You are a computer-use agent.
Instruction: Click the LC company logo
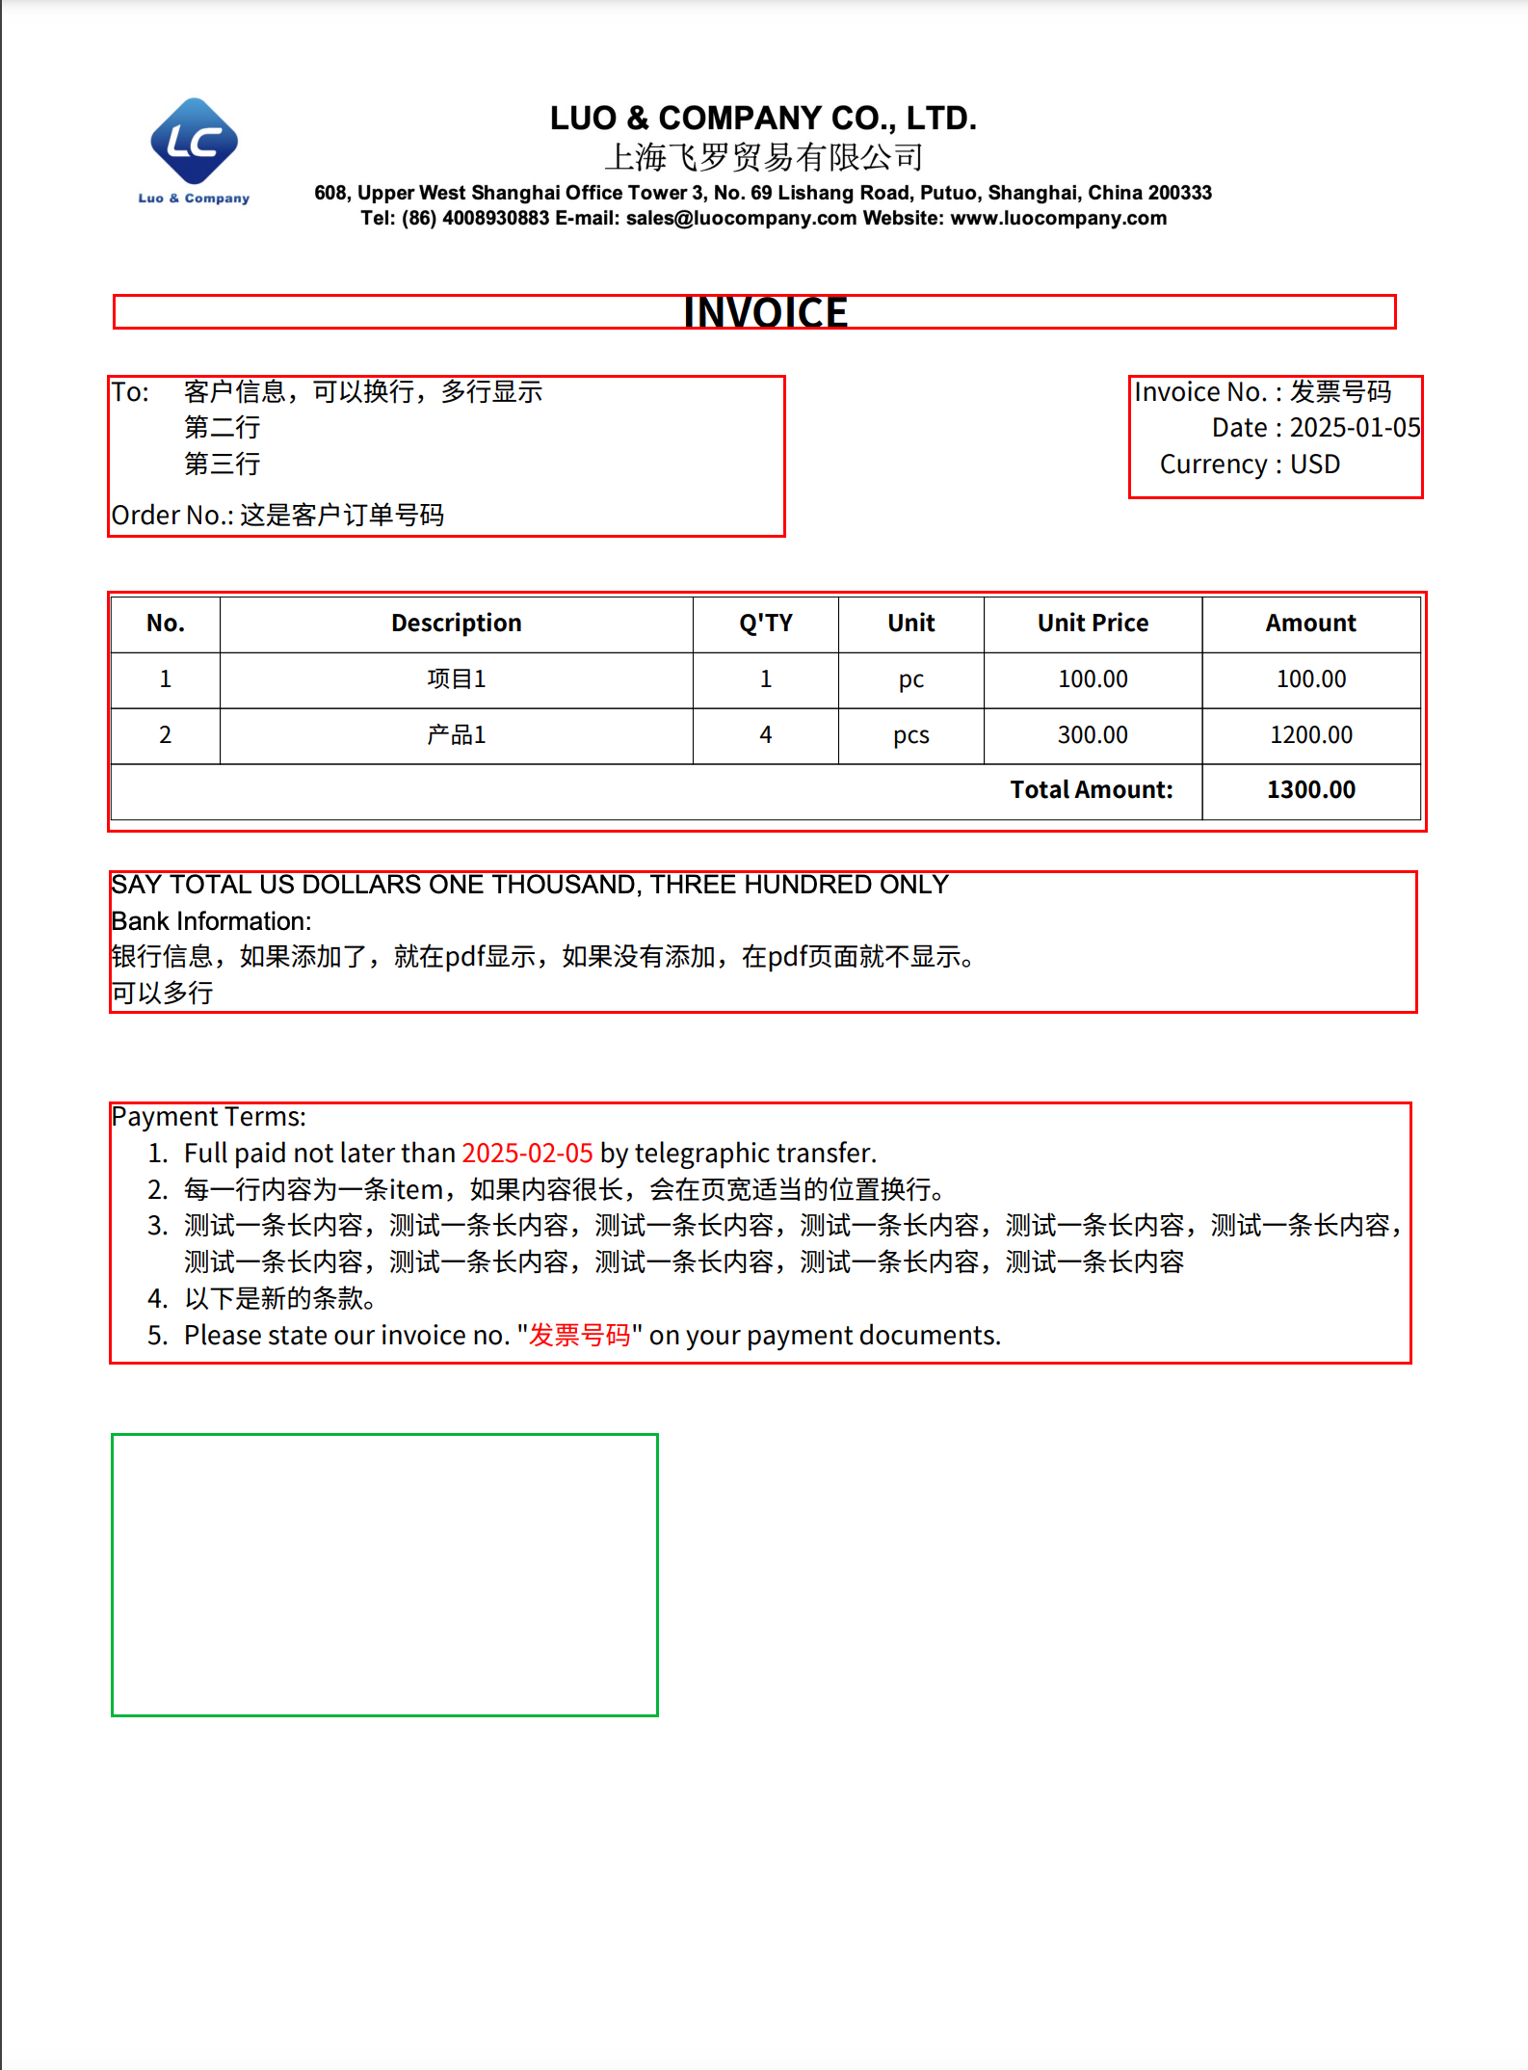point(195,145)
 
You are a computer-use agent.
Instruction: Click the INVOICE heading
point(765,312)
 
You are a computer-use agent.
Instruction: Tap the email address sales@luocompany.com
point(741,219)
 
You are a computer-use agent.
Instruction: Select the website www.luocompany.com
point(1058,219)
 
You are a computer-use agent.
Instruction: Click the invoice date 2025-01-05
point(1355,428)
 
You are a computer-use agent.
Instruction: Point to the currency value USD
point(1314,464)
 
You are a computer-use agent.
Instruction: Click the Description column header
point(456,624)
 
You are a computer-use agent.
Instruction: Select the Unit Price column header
point(1093,624)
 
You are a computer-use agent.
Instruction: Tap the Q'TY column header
point(765,624)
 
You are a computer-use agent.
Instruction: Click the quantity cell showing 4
point(765,735)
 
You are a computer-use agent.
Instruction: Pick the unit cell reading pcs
point(910,735)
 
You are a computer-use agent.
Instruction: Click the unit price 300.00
point(1093,735)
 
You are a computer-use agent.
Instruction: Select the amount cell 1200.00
point(1310,735)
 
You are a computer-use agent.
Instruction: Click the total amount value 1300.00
point(1310,790)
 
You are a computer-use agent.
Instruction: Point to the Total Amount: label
point(1091,790)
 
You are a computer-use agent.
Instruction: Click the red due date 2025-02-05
point(527,1154)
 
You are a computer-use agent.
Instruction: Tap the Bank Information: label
point(211,921)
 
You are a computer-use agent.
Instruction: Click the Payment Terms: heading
point(208,1117)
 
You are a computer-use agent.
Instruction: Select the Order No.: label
point(172,516)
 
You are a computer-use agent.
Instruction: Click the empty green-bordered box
point(384,1575)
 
